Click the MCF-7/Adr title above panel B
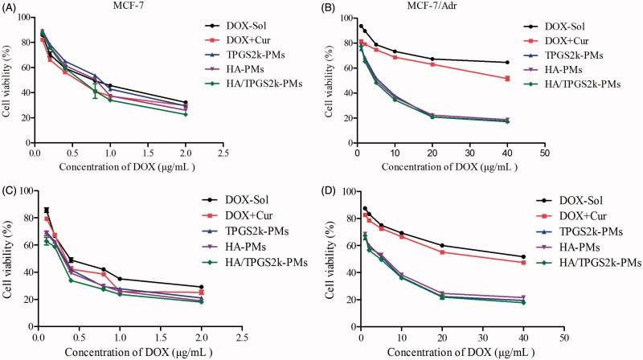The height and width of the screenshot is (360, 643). tap(451, 7)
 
